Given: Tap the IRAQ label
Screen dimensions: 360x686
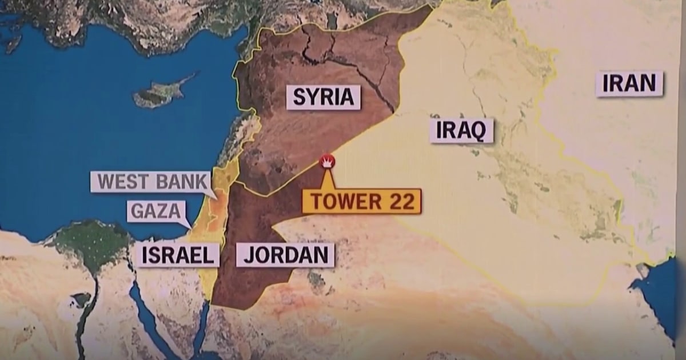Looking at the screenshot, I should coord(461,131).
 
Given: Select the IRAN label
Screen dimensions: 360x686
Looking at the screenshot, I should coord(629,84).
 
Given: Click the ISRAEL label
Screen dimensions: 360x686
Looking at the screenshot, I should coord(177,255).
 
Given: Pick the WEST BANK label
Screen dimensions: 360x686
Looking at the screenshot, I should coord(151,182).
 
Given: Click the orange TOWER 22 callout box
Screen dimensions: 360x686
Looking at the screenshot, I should coord(361,201).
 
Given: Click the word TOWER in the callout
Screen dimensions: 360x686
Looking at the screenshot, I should coord(343,201).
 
